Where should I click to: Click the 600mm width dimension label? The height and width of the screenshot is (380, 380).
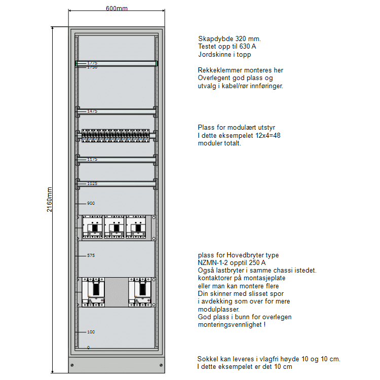click(117, 8)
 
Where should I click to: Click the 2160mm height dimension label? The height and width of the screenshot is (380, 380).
click(50, 200)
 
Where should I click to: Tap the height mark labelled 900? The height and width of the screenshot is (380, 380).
click(91, 203)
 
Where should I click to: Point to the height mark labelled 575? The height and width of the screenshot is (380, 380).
click(91, 256)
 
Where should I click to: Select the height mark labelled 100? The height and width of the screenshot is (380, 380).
click(91, 332)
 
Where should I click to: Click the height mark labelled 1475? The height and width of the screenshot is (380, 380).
click(92, 111)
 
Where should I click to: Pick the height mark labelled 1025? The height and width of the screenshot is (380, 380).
click(92, 183)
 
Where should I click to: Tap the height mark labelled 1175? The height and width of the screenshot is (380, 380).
click(92, 159)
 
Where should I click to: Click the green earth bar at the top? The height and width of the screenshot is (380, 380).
click(117, 63)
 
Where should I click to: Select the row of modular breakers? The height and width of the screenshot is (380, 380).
click(116, 135)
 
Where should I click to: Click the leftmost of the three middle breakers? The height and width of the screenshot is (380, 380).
click(93, 226)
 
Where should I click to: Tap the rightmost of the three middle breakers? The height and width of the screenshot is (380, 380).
click(137, 226)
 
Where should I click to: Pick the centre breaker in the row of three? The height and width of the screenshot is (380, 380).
click(115, 226)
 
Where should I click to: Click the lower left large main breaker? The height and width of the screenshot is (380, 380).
click(93, 292)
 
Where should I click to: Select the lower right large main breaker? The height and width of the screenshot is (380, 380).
click(140, 292)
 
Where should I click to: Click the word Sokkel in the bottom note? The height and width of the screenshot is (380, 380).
click(207, 359)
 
